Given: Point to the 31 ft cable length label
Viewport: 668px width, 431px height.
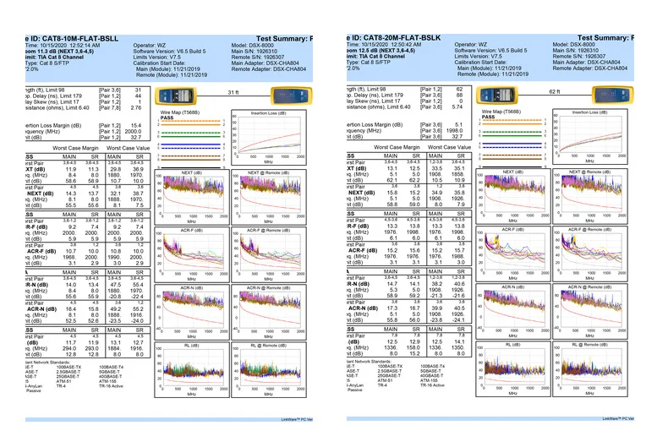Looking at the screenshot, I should point(234,91).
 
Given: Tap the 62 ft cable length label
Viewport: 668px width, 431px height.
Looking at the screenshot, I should point(555,91).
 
